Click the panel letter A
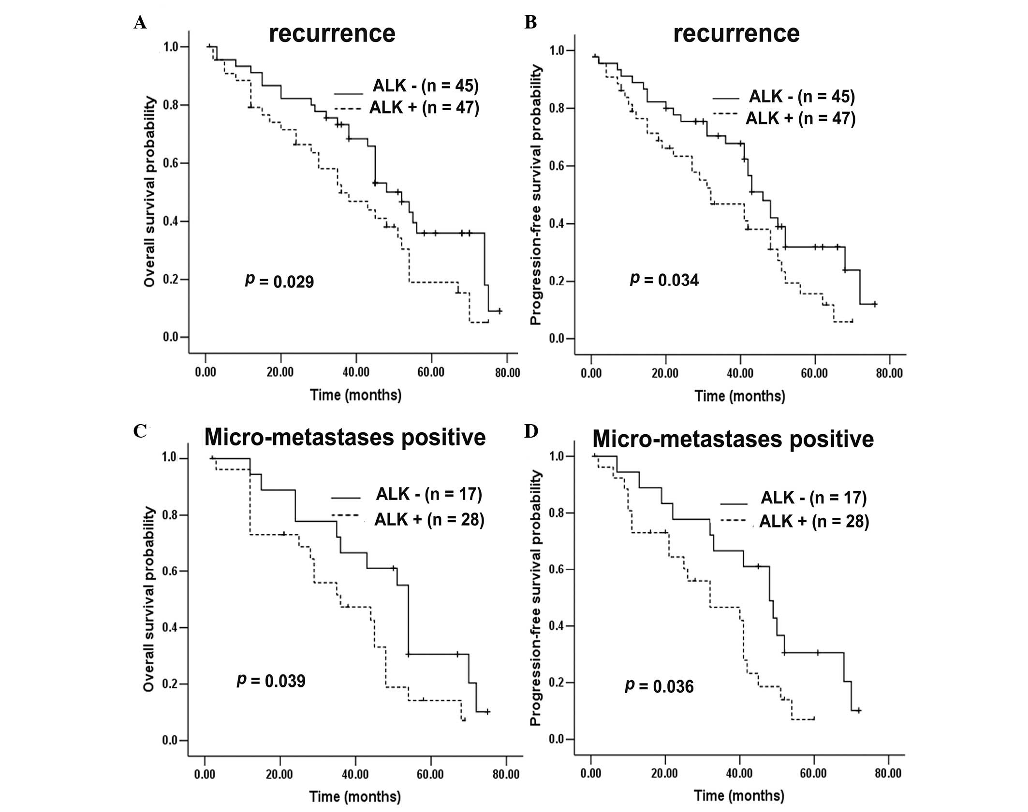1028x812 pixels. click(140, 23)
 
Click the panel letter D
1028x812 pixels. click(530, 431)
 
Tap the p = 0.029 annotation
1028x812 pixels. click(279, 281)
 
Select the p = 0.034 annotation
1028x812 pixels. click(664, 280)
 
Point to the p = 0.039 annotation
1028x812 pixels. click(271, 681)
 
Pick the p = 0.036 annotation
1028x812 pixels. click(660, 686)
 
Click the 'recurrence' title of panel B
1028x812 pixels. click(736, 34)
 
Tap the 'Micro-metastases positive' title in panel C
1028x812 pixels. click(345, 438)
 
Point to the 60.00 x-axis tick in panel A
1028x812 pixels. click(431, 372)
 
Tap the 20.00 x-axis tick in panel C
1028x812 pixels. click(279, 774)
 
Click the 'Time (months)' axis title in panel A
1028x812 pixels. click(355, 395)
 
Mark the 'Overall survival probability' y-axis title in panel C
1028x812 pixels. click(149, 599)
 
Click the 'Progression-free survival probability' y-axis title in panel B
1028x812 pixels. click(536, 195)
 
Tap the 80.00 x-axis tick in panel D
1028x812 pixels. click(888, 774)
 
